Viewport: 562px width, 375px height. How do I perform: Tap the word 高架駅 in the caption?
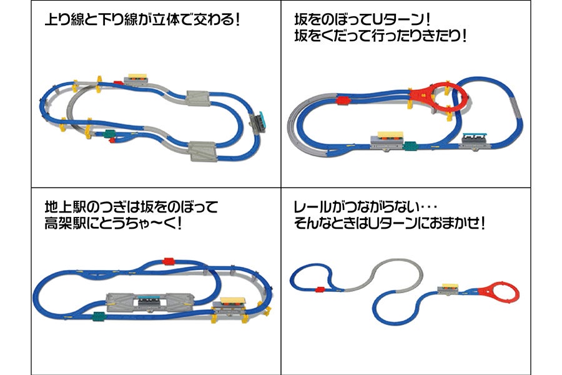pos(67,223)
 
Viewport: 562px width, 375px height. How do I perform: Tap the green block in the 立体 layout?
pos(110,132)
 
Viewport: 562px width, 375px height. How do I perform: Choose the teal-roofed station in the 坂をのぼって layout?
pos(476,138)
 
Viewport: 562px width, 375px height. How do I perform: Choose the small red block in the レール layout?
pos(320,289)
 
